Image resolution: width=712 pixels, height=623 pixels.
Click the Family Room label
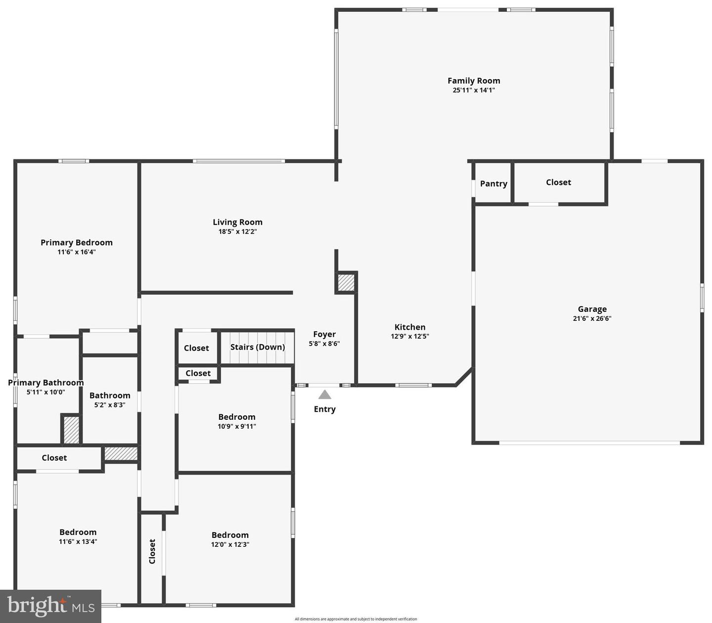474,81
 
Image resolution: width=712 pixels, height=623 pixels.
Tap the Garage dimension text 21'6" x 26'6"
592,318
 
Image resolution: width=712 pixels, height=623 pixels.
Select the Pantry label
493,183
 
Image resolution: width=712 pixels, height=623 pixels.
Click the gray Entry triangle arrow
324,395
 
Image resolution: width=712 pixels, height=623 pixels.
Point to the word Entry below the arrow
324,409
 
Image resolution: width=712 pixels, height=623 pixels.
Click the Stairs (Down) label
258,347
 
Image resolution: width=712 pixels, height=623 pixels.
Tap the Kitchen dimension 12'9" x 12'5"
410,336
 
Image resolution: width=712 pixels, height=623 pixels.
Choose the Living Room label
237,222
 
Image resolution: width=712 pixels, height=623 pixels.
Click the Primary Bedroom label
77,242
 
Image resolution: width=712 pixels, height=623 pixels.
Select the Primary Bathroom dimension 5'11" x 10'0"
45,392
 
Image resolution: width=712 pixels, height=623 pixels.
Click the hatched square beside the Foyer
346,282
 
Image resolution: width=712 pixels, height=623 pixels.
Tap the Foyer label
324,334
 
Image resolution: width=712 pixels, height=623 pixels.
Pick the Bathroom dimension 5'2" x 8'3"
110,405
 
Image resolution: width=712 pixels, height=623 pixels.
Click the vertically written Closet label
152,551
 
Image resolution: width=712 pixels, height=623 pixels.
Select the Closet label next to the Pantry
558,182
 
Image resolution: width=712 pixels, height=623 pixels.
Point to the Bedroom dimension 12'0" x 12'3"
230,544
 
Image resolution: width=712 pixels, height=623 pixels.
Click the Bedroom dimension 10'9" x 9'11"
237,426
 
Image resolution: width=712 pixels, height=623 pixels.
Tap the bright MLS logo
50,606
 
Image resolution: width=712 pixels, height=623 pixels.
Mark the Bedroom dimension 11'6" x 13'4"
78,541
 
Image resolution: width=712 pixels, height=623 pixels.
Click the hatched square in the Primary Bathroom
71,430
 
